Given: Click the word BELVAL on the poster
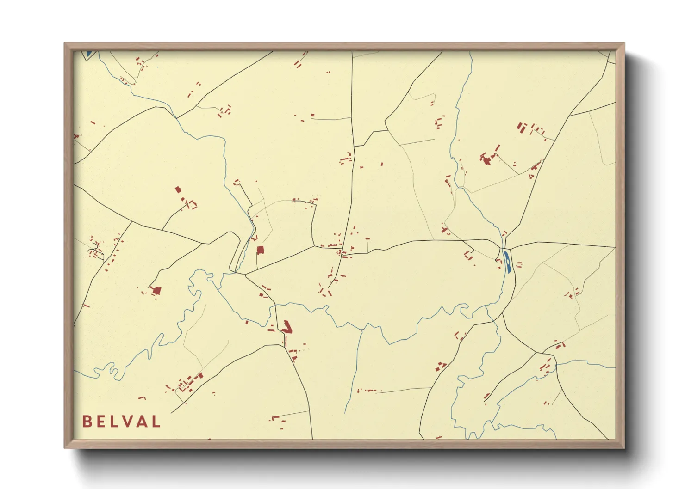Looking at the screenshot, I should pyautogui.click(x=121, y=422).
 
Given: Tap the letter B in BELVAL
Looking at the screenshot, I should pyautogui.click(x=87, y=422).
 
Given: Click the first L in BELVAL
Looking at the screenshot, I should pyautogui.click(x=116, y=422).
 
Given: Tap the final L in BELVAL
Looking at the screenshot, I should pyautogui.click(x=156, y=422).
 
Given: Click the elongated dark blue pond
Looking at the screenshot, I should pyautogui.click(x=507, y=262).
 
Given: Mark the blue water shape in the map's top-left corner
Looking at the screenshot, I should pyautogui.click(x=88, y=54).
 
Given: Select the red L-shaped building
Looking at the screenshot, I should pyautogui.click(x=287, y=327).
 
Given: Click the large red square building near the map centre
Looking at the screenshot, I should pyautogui.click(x=260, y=250).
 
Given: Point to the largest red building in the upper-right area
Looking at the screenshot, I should pyautogui.click(x=486, y=159).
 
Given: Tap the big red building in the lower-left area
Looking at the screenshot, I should pyautogui.click(x=157, y=290).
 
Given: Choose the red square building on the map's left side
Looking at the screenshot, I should pyautogui.click(x=178, y=189).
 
